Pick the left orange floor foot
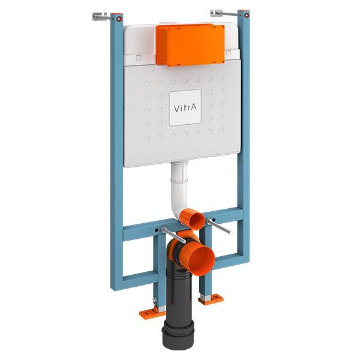[151, 313]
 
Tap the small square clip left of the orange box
[137, 58]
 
